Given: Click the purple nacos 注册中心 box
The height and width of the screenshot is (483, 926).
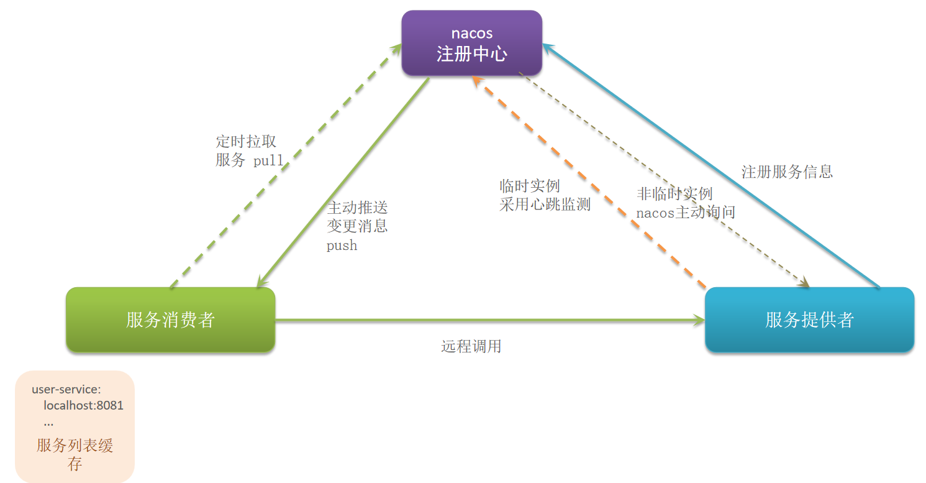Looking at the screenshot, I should click(x=471, y=44).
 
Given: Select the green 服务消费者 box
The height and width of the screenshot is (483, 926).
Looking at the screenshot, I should click(x=170, y=320).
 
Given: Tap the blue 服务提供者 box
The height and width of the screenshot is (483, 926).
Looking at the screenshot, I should click(x=809, y=320).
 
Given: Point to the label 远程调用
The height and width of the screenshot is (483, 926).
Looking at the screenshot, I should click(x=471, y=346).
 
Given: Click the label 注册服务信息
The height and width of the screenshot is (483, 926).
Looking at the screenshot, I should click(x=787, y=172).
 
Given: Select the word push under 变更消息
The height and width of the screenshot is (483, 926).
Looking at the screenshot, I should click(x=342, y=246).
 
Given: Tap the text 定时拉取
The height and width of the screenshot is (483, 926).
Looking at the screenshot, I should click(x=246, y=142).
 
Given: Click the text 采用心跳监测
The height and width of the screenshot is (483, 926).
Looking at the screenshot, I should click(x=545, y=205).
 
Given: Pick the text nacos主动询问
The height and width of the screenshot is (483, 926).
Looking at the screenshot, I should click(x=686, y=213).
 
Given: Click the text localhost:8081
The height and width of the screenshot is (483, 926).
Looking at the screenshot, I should click(x=83, y=406).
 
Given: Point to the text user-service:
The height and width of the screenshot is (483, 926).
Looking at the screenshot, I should click(x=66, y=390).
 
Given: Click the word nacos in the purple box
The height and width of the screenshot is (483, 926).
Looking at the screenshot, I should click(x=471, y=33).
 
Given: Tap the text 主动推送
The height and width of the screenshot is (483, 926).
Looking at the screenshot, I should click(x=357, y=207).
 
